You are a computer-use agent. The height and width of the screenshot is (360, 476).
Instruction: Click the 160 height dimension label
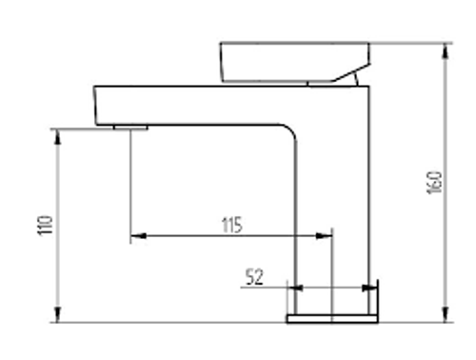point(434,182)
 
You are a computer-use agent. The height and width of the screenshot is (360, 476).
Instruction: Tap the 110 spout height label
point(45,225)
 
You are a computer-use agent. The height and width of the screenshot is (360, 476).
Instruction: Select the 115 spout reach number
point(231,225)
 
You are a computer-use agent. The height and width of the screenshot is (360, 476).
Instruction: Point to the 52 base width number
point(254,277)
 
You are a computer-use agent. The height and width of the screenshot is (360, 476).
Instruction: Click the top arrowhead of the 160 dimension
point(446,51)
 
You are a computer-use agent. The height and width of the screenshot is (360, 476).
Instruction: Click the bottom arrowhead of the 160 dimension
point(446,314)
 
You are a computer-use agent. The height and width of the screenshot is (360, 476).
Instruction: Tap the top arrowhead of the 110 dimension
point(57,137)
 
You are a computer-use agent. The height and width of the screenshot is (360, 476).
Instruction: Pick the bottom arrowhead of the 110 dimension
point(57,314)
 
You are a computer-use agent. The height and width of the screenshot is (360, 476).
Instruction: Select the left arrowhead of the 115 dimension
point(138,236)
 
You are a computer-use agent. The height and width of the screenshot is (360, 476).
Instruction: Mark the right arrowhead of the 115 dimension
point(324,236)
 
